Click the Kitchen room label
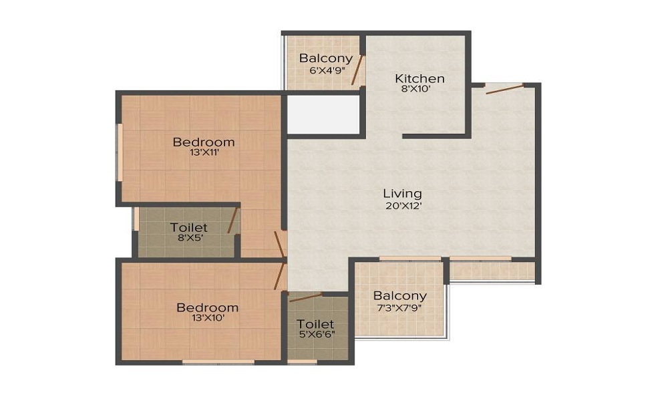click(419, 78)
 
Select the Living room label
click(402, 194)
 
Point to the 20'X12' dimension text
click(402, 206)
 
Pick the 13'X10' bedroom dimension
click(207, 318)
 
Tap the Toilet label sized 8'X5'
click(188, 227)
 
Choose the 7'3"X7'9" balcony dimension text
click(399, 308)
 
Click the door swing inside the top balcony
click(357, 70)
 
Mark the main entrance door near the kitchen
click(504, 89)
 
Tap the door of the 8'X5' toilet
click(233, 220)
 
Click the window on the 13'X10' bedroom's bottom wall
click(218, 362)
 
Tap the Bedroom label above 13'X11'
click(204, 142)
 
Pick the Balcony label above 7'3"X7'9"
click(399, 295)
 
